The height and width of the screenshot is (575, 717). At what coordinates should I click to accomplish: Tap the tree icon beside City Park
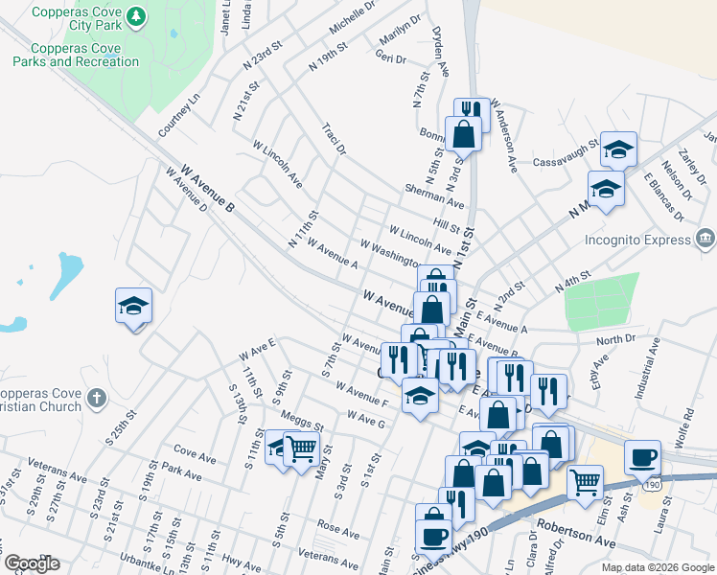tap(137, 16)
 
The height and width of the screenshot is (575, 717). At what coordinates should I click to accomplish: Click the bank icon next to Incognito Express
tap(705, 237)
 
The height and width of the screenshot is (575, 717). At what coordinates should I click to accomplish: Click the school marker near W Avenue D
tap(133, 306)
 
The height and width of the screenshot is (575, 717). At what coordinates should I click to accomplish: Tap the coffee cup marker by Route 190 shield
tap(642, 457)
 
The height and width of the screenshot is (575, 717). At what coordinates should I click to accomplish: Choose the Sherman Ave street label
tap(433, 195)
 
